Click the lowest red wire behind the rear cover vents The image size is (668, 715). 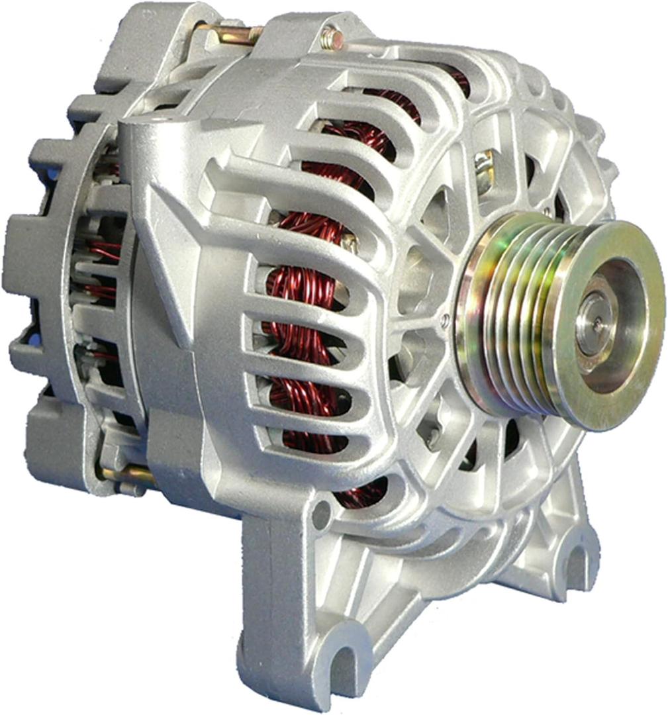103,358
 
